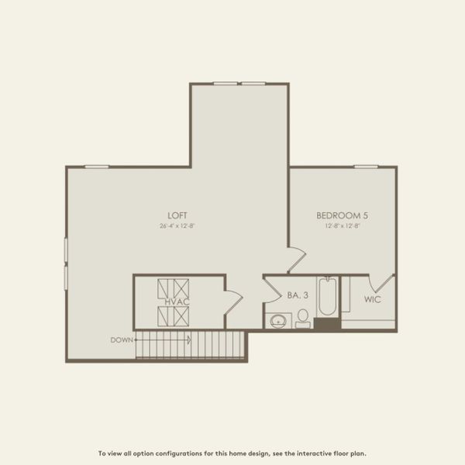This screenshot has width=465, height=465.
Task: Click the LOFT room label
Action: pyautogui.click(x=177, y=215)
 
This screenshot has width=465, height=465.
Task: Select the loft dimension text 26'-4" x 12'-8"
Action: pyautogui.click(x=177, y=226)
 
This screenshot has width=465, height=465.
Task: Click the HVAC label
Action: pyautogui.click(x=174, y=302)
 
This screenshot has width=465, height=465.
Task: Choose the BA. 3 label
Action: pyautogui.click(x=297, y=295)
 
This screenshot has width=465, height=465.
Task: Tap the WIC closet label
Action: pyautogui.click(x=372, y=298)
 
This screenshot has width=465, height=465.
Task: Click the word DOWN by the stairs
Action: pyautogui.click(x=122, y=339)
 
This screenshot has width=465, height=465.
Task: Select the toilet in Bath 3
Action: pyautogui.click(x=303, y=318)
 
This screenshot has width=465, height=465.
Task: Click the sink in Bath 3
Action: pyautogui.click(x=277, y=319)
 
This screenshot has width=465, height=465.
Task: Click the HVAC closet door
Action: pyautogui.click(x=233, y=299)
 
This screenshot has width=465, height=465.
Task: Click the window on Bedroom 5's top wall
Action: pyautogui.click(x=366, y=167)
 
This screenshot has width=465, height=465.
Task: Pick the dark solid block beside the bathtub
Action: pyautogui.click(x=326, y=323)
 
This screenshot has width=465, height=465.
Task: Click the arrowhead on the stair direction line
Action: pyautogui.click(x=188, y=339)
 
